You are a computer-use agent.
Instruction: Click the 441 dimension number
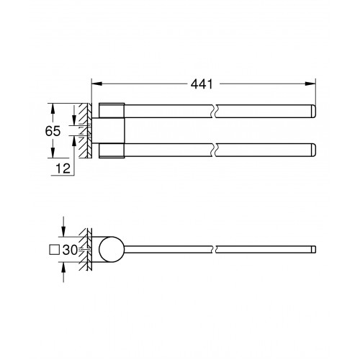coord(202,84)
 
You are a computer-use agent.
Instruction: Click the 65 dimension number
coord(53,131)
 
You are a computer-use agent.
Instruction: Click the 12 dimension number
coord(63,168)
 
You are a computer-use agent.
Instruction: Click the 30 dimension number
coord(70,250)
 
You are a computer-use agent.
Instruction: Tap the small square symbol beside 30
coord(54,250)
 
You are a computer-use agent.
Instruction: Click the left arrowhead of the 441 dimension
coord(97,84)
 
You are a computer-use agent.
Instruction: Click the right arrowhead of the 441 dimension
coord(310,84)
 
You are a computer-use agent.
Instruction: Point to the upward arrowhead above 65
coord(53,109)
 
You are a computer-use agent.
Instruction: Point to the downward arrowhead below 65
coord(53,153)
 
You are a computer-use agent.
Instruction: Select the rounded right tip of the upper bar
coord(313,111)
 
